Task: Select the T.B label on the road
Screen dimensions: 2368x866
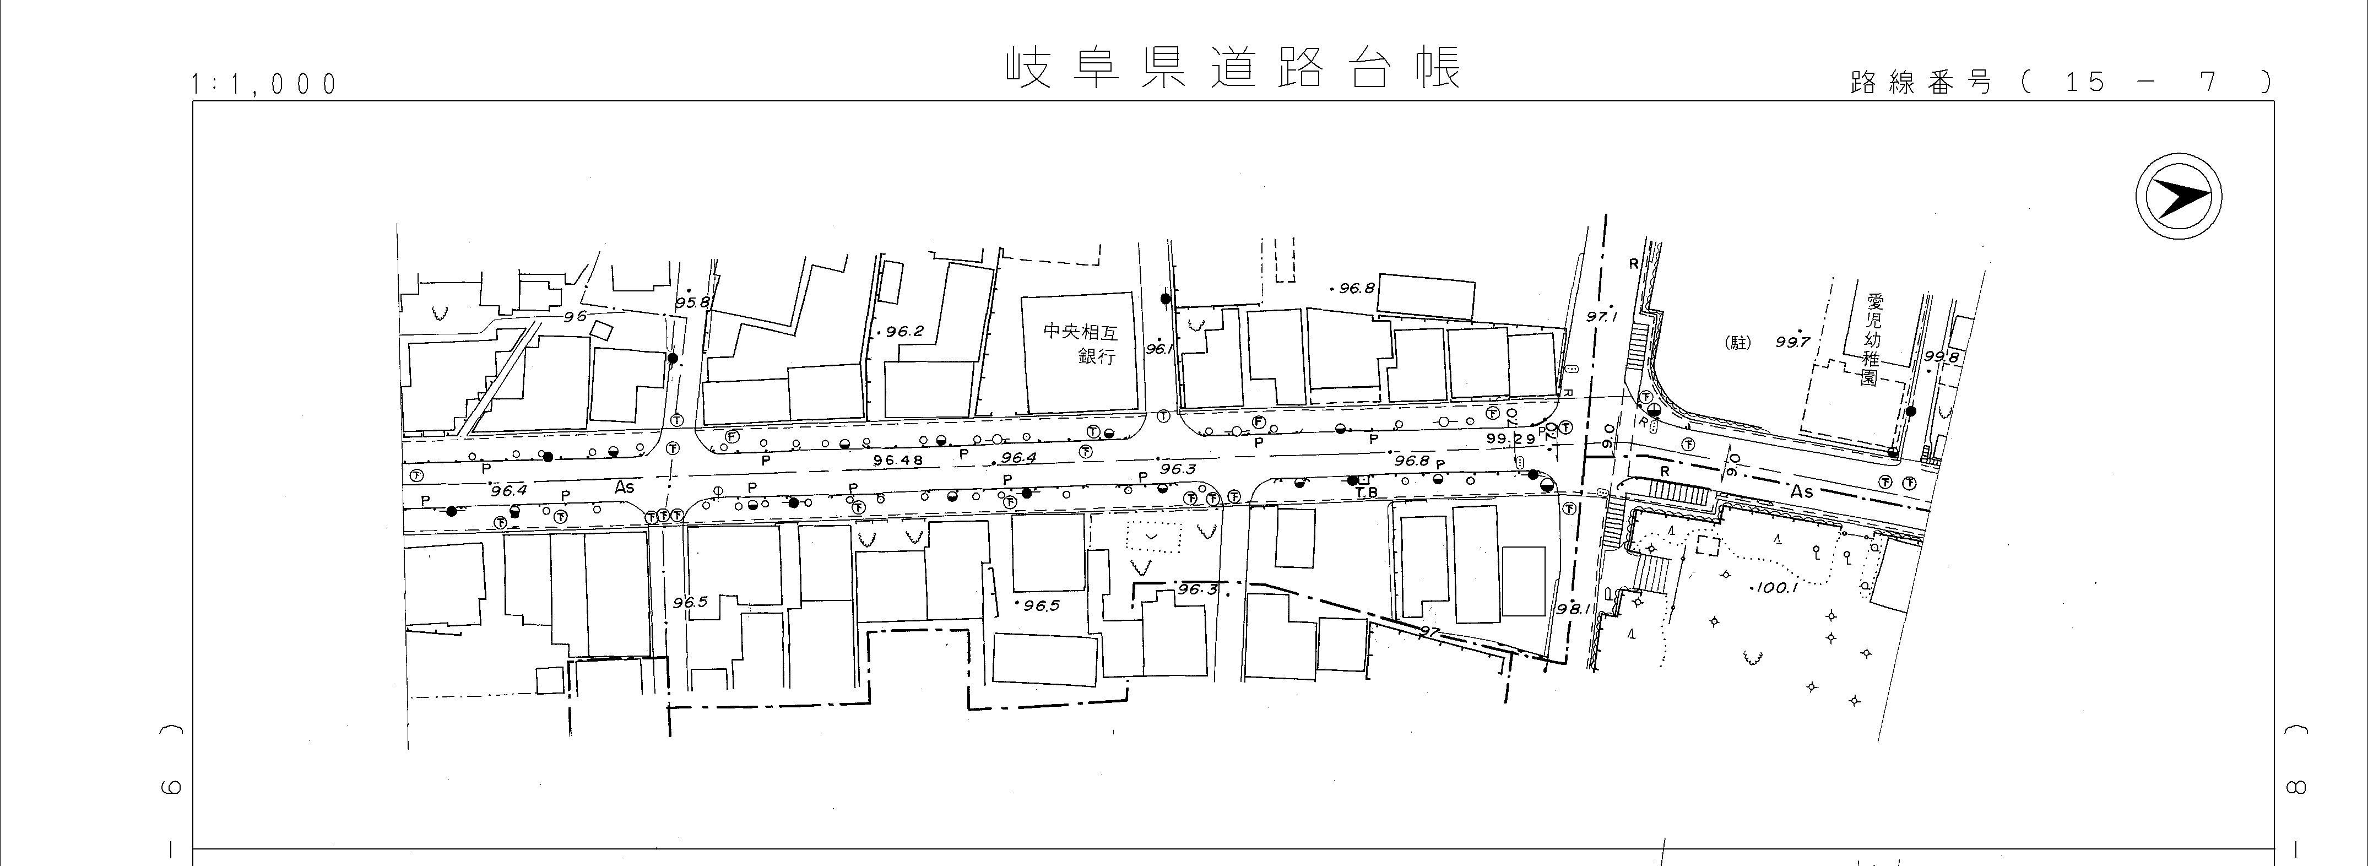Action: tap(1367, 492)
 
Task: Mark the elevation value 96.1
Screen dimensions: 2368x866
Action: tap(1158, 349)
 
